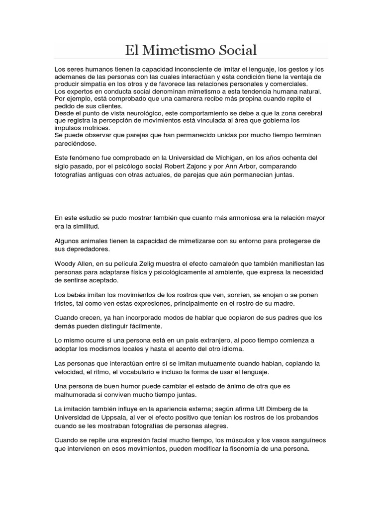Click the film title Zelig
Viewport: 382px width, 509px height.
click(x=144, y=263)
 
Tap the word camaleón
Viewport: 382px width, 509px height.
click(x=220, y=263)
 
